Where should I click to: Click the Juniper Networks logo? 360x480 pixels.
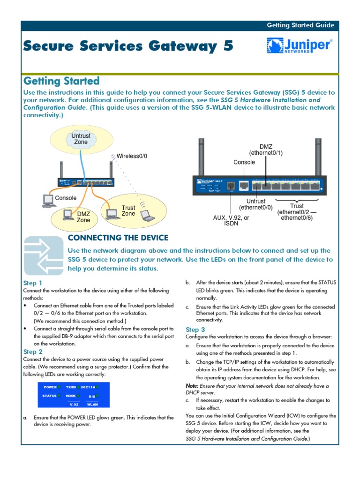coord(300,46)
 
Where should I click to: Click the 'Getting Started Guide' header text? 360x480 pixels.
coord(300,25)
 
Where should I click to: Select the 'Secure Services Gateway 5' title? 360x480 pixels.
coord(127,46)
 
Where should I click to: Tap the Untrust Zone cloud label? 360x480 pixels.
coord(81,139)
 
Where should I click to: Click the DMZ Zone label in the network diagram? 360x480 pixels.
coord(83,217)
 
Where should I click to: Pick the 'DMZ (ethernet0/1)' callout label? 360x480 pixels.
coord(266,150)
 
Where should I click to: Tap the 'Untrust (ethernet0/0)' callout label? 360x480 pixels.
coord(255,204)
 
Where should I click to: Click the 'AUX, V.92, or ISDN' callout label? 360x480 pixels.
coord(231,221)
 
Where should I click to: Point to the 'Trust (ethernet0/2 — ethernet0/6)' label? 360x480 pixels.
coord(297,212)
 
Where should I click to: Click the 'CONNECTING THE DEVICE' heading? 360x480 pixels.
coord(118,238)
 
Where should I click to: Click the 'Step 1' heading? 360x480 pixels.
coord(33,283)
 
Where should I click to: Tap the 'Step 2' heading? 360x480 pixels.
coord(33,352)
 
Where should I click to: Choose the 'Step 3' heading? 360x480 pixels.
coord(195,330)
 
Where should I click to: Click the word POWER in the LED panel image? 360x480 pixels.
coord(50,388)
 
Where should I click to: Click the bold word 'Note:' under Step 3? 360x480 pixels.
coord(193,386)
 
